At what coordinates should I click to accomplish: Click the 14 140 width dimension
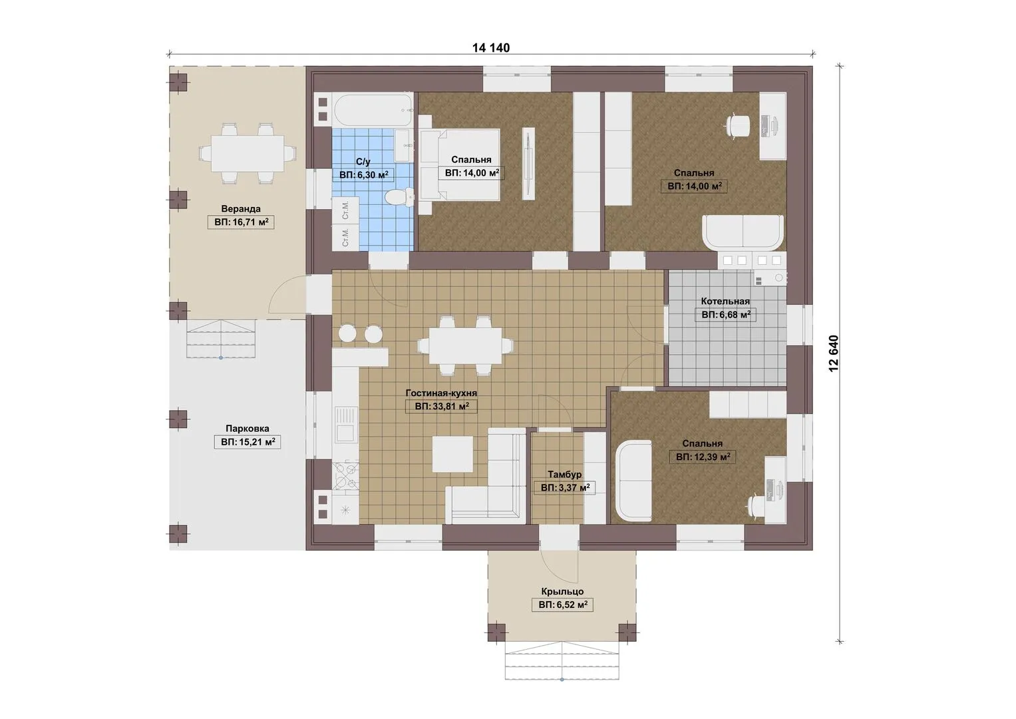click(491, 48)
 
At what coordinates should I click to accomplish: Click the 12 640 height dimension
click(834, 354)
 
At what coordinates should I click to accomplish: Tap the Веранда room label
click(241, 209)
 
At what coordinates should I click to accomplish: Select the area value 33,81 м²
click(441, 406)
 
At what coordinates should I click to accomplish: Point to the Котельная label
click(725, 301)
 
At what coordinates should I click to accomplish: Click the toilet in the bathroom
click(399, 198)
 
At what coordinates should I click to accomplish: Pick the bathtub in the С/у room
click(373, 111)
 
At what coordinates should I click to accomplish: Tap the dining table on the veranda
click(248, 153)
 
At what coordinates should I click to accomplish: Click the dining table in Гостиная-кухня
click(465, 346)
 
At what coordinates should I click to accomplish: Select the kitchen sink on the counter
click(345, 424)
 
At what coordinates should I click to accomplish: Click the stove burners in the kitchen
click(345, 476)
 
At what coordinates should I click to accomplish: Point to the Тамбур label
click(565, 474)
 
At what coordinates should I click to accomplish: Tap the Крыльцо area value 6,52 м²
click(563, 604)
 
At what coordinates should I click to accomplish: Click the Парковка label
click(248, 429)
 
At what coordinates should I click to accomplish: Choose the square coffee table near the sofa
click(452, 454)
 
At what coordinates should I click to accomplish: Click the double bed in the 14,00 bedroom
click(459, 164)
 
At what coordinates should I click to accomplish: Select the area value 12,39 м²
click(703, 457)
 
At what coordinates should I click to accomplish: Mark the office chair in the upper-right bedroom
click(738, 125)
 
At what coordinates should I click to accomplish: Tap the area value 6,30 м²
click(364, 174)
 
